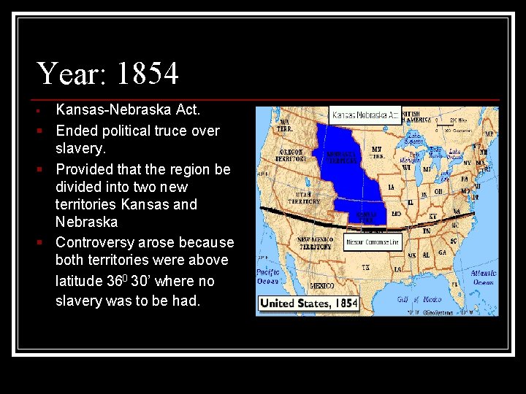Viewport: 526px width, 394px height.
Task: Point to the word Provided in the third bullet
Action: (85, 169)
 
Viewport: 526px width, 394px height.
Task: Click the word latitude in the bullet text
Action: (82, 281)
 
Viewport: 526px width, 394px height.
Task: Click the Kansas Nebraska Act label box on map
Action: (365, 115)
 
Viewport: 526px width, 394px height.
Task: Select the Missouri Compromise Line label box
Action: (373, 242)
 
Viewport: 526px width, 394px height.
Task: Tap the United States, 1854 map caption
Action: (308, 303)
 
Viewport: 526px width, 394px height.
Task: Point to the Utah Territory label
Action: (305, 198)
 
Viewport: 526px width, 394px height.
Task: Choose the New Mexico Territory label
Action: (316, 243)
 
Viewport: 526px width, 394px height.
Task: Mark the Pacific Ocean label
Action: (268, 276)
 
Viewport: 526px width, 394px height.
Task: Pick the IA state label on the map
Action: (392, 188)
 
